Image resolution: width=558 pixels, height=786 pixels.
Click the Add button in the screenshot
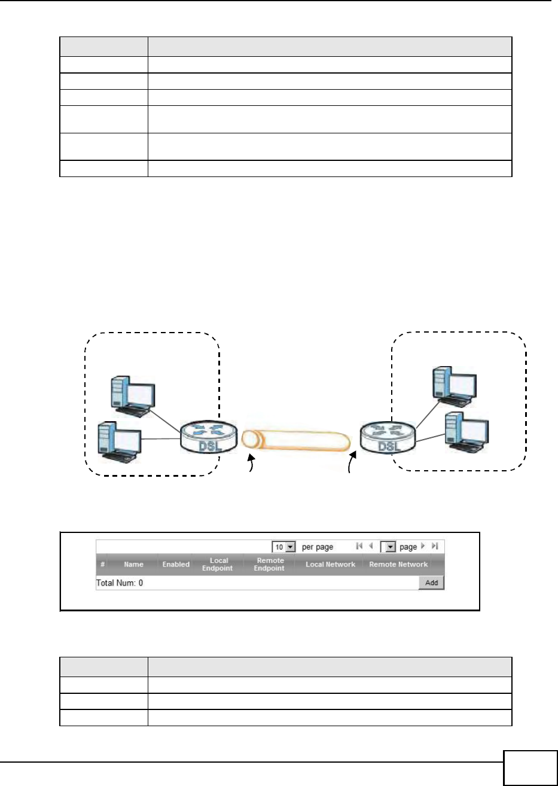(431, 583)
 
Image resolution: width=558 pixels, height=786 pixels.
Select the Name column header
(133, 564)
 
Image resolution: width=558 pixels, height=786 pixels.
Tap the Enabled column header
(176, 564)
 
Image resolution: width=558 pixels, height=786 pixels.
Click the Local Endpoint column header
(217, 564)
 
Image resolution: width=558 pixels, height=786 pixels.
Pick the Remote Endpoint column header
(269, 564)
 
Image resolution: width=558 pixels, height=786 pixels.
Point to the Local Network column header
(330, 564)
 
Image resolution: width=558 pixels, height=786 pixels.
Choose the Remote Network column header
(398, 564)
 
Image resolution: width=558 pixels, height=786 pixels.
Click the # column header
(103, 564)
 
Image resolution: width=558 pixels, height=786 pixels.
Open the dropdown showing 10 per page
(284, 547)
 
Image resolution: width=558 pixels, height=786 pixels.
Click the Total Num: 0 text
(120, 583)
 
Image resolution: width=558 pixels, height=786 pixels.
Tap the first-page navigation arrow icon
(359, 546)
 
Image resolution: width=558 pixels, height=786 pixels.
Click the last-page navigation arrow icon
(435, 546)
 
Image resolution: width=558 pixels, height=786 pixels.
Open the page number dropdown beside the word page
(389, 547)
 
